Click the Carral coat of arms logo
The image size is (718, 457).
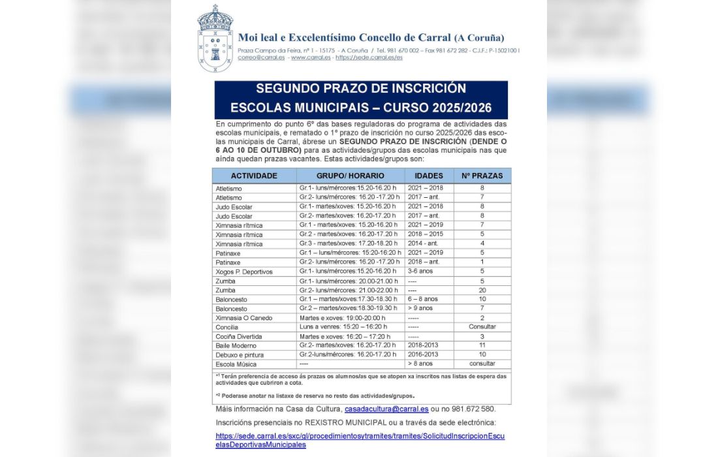[215, 39]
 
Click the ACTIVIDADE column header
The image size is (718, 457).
[254, 176]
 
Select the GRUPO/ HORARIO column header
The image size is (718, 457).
[351, 176]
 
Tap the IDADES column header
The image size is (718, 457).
[428, 176]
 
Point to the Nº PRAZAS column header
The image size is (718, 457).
[482, 176]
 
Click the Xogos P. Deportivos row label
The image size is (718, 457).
[244, 272]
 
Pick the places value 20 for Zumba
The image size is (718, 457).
[482, 290]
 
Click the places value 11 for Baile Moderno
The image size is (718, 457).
[482, 345]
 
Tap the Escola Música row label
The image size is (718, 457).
[236, 364]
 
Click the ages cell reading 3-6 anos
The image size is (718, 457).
[420, 272]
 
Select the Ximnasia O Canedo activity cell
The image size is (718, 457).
[244, 318]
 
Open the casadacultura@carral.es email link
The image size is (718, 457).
[386, 409]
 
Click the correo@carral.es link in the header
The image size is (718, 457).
[261, 57]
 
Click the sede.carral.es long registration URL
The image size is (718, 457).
[360, 439]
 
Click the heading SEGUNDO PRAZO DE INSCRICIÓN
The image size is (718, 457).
[361, 89]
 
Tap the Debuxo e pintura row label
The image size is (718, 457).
[240, 355]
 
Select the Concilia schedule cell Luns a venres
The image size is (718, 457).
[343, 327]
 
